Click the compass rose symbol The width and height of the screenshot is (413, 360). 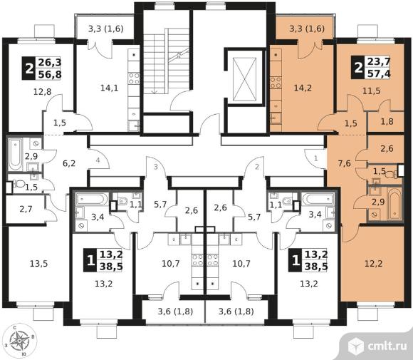[x=19, y=340]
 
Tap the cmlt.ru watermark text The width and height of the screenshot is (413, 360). [x=387, y=346]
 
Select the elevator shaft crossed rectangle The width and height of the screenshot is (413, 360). [x=245, y=79]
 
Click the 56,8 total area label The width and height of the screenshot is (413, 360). [x=50, y=74]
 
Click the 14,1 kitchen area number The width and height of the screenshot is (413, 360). [x=110, y=88]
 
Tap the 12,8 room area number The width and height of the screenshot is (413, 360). [x=43, y=92]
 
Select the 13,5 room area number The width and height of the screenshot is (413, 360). [x=38, y=263]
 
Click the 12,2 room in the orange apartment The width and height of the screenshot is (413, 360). [x=374, y=263]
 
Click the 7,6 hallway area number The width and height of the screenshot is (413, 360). [x=344, y=163]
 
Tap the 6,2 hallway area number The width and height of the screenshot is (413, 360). [x=69, y=163]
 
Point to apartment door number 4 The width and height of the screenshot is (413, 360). [x=98, y=160]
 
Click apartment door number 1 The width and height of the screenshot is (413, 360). [x=316, y=158]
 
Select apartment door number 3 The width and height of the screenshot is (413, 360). [x=156, y=167]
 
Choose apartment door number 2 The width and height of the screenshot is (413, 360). [x=257, y=167]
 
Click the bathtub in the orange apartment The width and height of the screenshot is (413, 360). [x=394, y=203]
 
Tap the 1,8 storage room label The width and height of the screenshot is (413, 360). [x=387, y=121]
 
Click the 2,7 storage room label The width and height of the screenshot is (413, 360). [x=26, y=209]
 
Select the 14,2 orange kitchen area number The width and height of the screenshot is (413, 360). [x=303, y=88]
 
